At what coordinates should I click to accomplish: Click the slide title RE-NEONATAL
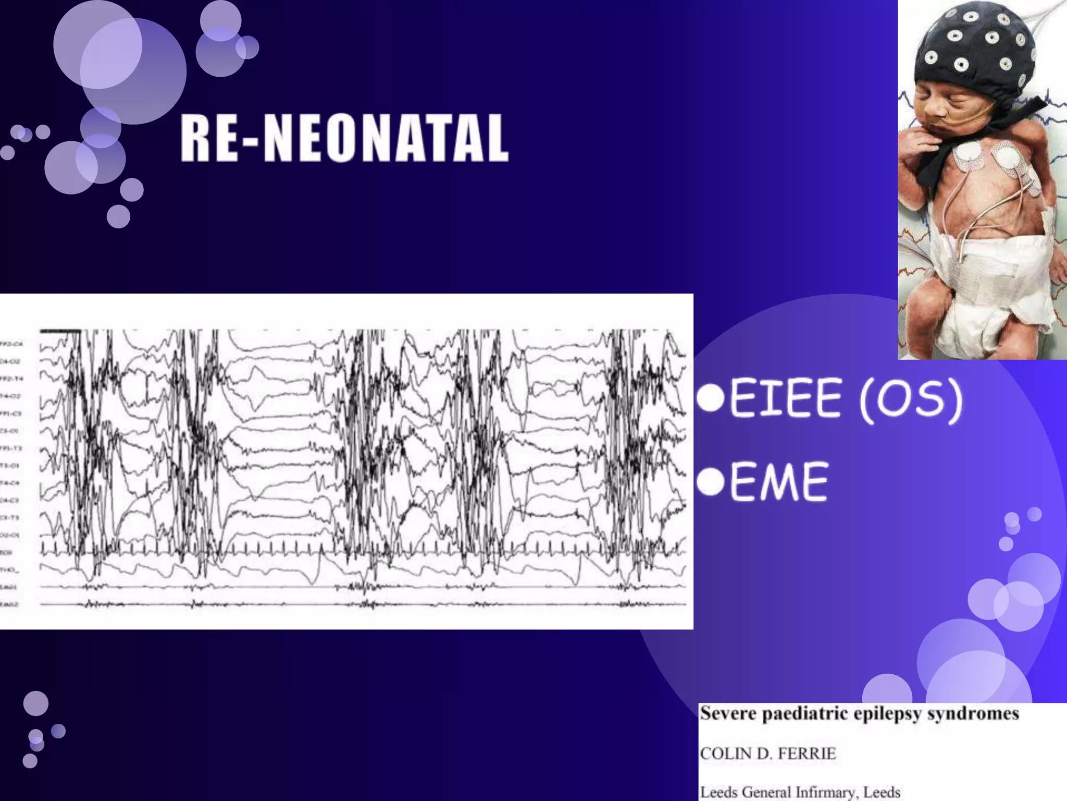[x=344, y=139]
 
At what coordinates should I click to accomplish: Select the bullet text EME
[x=778, y=482]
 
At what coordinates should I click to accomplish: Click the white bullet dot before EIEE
[x=711, y=398]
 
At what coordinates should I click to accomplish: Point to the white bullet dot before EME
[x=711, y=481]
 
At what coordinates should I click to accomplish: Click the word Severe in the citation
[x=728, y=713]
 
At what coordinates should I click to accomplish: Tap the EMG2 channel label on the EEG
[x=9, y=604]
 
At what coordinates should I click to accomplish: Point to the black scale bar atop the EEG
[x=60, y=331]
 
